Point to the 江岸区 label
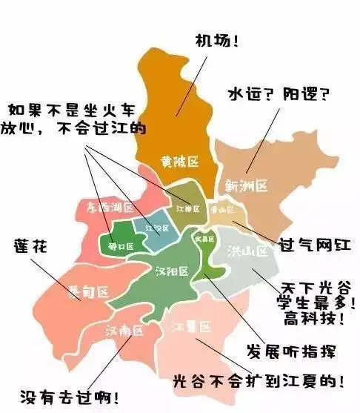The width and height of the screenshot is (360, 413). tap(188, 209)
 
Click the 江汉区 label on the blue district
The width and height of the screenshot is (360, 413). tap(152, 227)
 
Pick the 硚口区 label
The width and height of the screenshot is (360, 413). tap(120, 245)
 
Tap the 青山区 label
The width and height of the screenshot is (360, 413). tap(220, 211)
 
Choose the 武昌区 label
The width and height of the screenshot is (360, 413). tap(204, 239)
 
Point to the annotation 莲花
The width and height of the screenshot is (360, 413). tap(30, 245)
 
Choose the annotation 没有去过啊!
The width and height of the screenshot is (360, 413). tap(71, 397)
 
